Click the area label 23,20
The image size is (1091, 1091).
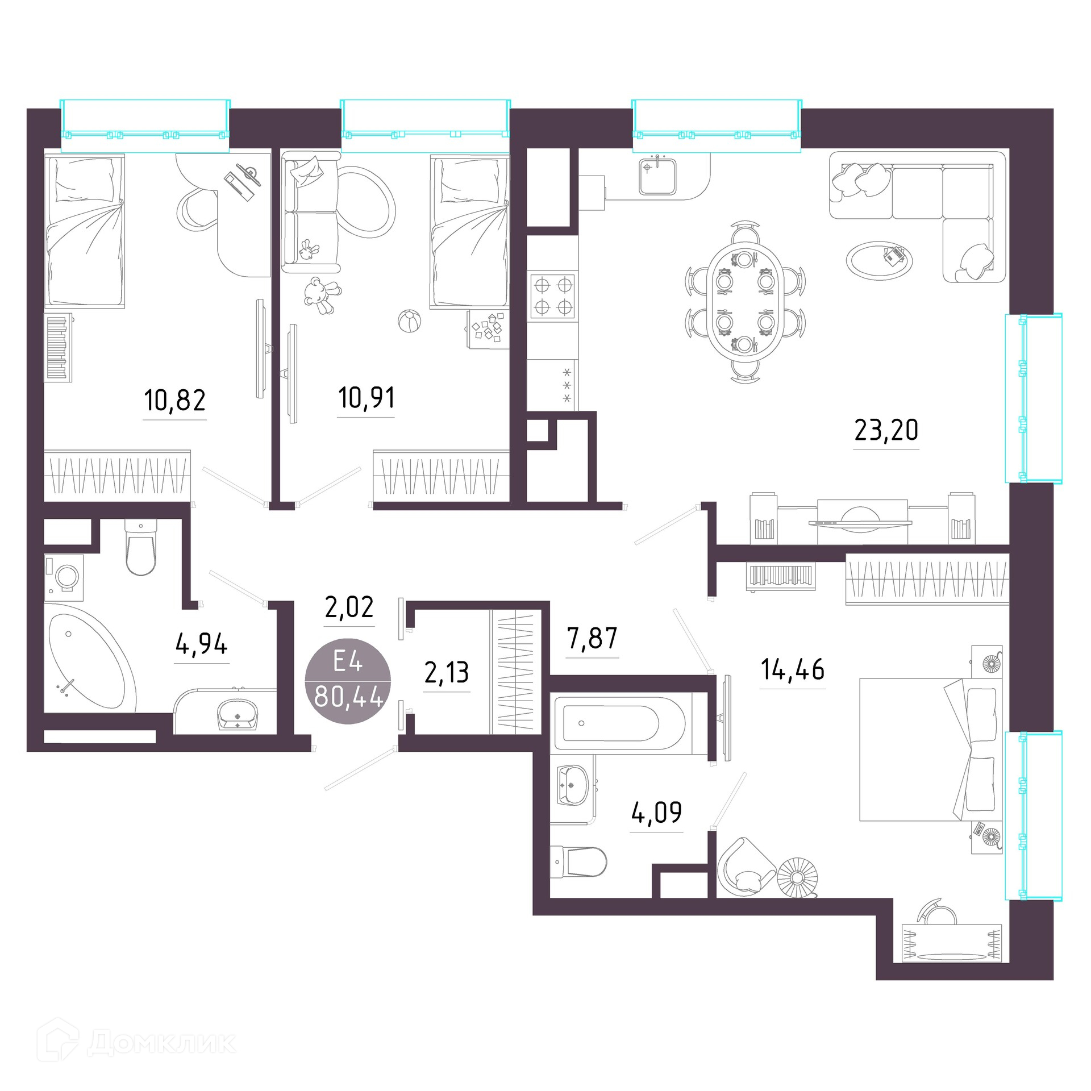coord(886,430)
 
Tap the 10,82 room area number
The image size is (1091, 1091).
coord(174,400)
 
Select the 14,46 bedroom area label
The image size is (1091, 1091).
coord(792,669)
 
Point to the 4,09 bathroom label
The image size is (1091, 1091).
coord(656,813)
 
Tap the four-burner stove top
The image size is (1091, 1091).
coord(553,296)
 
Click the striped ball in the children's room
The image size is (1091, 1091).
coord(409,321)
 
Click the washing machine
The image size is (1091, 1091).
coord(64,577)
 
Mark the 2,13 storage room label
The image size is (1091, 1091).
coord(447,673)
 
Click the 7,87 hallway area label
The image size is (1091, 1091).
coord(592,639)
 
